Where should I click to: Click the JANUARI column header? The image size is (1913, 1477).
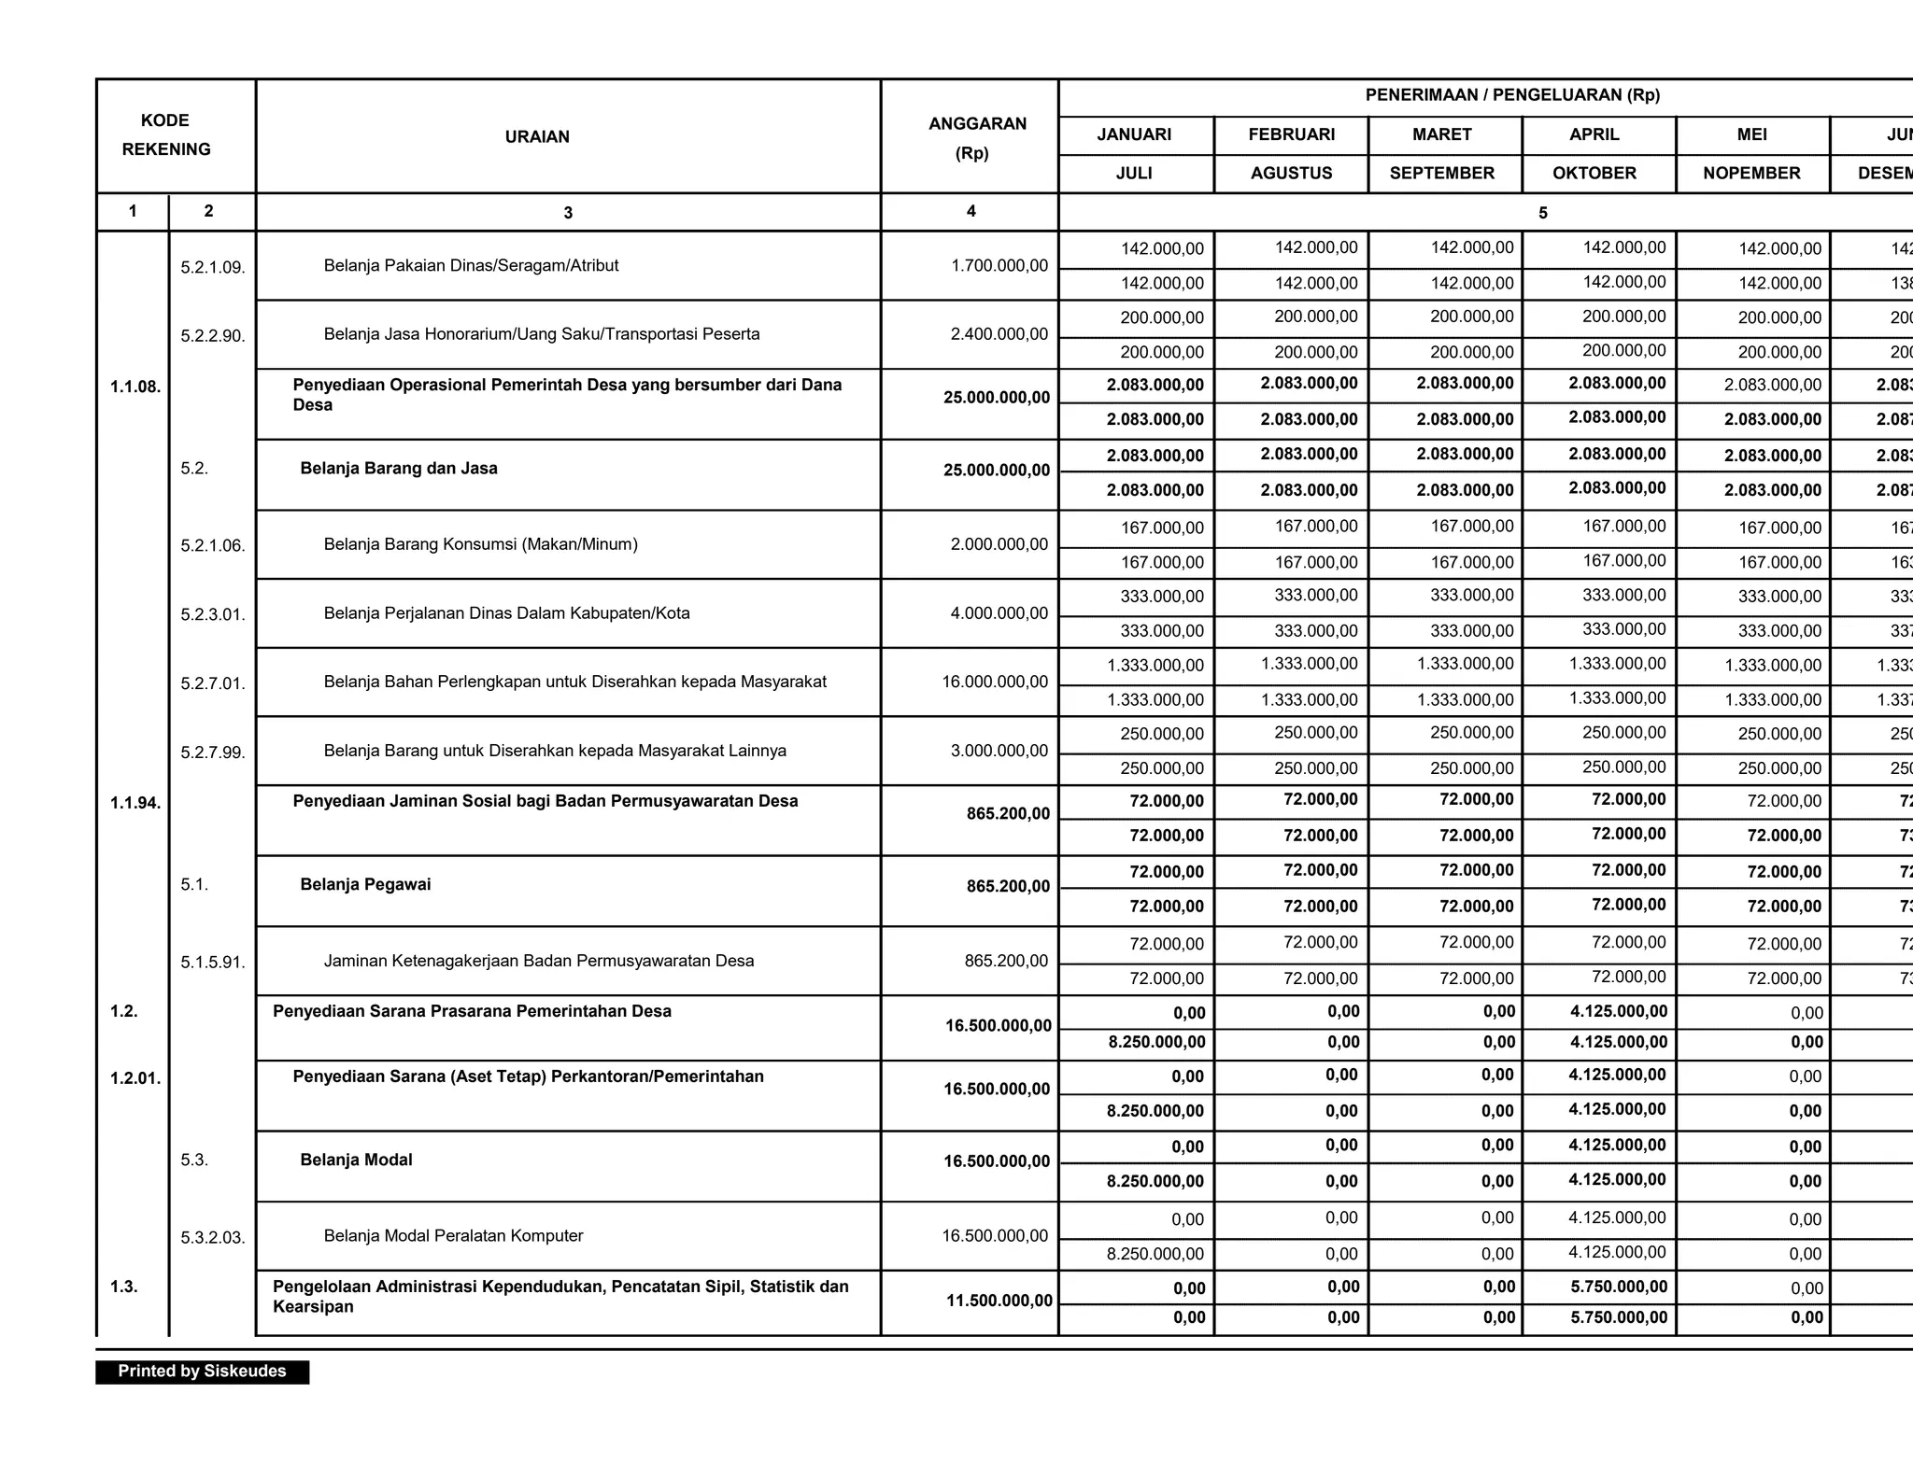1134,134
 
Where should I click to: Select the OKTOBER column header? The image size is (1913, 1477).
1594,173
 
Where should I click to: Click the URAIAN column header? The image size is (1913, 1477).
536,136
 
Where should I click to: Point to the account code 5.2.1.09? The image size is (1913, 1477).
213,268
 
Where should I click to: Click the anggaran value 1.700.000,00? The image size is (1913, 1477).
999,266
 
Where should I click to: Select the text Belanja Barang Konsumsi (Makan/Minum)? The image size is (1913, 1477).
480,544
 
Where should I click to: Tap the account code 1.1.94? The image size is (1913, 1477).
135,803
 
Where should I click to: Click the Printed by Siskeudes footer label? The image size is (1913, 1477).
202,1371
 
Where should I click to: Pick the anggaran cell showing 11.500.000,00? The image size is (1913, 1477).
999,1301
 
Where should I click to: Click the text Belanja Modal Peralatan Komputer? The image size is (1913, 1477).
453,1236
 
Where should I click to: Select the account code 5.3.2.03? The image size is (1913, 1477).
213,1239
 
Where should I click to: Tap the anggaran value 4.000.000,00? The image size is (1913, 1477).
999,613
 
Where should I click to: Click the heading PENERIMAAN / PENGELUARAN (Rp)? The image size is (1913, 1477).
1512,95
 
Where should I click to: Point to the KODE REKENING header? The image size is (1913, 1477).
165,134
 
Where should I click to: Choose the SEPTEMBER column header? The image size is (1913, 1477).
1441,173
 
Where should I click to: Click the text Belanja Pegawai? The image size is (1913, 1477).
365,885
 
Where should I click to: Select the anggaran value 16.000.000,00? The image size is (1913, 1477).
995,682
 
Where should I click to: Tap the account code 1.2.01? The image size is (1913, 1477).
135,1079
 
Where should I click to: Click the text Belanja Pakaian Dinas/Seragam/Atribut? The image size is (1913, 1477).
471,266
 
